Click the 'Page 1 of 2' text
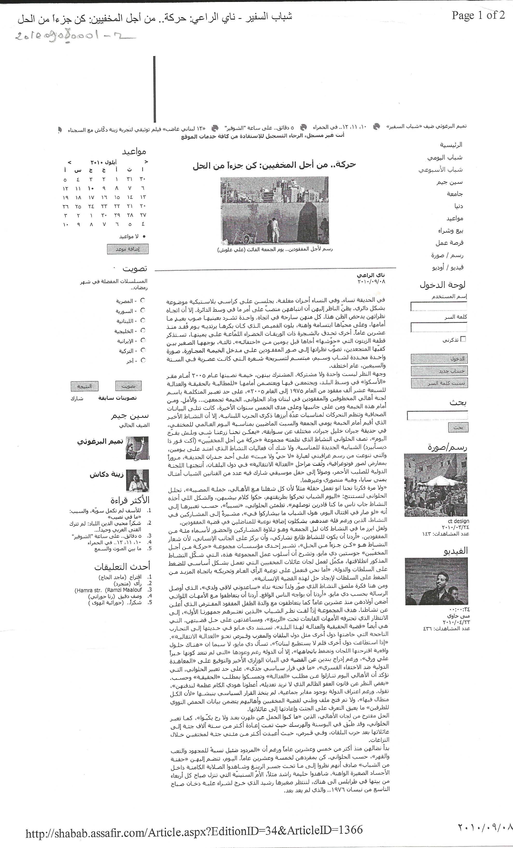point(478,15)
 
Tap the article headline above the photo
point(274,165)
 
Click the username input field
point(439,306)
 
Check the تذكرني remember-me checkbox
point(463,339)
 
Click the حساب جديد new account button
point(439,371)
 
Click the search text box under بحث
point(437,416)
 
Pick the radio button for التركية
point(143,350)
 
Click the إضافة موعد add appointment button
point(128,249)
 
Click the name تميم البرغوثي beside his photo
point(100,442)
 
